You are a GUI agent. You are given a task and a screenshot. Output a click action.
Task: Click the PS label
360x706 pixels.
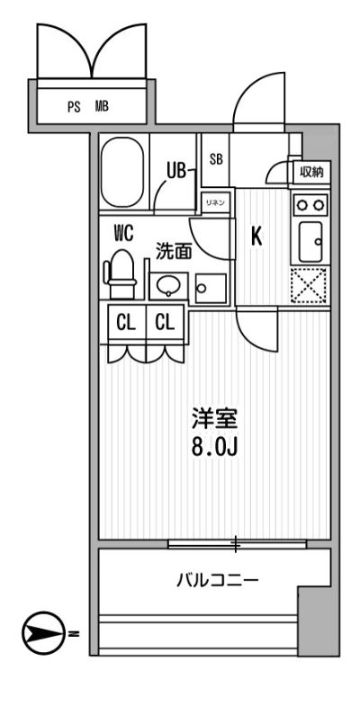[74, 106]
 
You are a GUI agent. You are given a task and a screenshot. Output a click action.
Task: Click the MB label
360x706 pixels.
[102, 106]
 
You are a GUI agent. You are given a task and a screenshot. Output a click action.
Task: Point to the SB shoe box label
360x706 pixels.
[216, 159]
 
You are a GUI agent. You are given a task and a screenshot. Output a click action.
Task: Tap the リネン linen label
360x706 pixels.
[214, 201]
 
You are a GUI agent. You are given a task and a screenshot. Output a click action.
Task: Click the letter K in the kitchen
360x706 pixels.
[256, 237]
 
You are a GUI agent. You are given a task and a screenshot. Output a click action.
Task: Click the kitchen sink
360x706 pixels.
[309, 238]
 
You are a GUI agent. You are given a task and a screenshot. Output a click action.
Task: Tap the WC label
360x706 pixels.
[123, 233]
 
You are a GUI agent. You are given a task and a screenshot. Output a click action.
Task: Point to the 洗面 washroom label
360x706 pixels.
[174, 252]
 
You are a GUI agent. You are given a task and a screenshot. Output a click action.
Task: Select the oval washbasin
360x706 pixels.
[167, 286]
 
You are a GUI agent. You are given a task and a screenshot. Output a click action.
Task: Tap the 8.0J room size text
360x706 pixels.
[213, 446]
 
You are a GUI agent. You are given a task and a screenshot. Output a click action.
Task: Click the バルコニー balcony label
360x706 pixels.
[217, 580]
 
